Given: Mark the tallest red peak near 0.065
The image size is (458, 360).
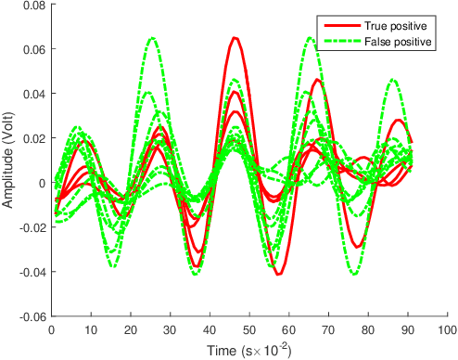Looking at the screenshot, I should pos(235,38).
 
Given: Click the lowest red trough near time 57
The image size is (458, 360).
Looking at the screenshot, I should pos(277,275).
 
